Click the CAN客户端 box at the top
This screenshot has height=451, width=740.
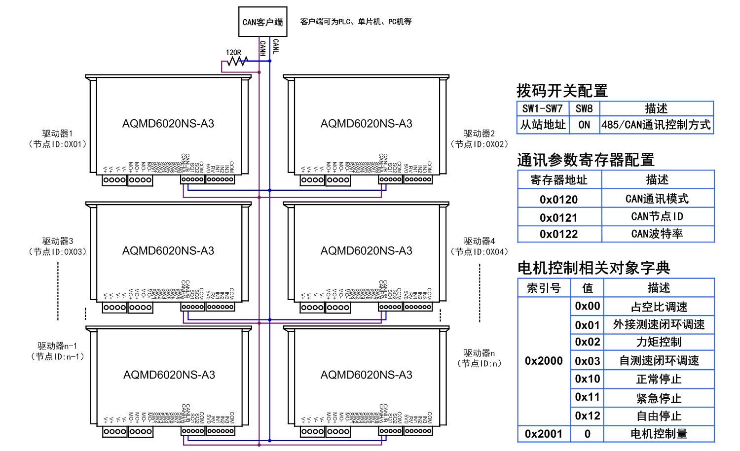click(x=262, y=22)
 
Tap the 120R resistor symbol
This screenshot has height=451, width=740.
click(x=237, y=61)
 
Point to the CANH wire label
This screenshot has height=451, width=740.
click(x=262, y=47)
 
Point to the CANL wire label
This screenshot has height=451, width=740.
click(x=276, y=46)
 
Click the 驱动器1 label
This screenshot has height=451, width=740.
click(x=57, y=134)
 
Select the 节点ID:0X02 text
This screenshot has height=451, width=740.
click(x=479, y=144)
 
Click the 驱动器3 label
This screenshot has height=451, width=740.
click(x=57, y=241)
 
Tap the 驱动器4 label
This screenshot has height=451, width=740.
click(x=479, y=241)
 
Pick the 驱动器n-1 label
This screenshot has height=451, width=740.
click(x=57, y=346)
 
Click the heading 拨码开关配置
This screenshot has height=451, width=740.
click(x=562, y=91)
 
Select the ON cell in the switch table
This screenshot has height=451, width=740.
click(x=584, y=125)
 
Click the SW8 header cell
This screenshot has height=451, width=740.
click(x=584, y=108)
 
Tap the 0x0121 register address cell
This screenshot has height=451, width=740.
click(x=558, y=217)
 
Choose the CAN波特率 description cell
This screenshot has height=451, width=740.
click(x=657, y=234)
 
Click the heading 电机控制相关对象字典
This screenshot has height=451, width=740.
click(x=593, y=268)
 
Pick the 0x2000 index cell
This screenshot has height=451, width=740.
click(x=544, y=361)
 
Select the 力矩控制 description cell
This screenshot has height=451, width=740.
click(x=659, y=342)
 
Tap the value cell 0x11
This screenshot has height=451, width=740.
click(x=587, y=397)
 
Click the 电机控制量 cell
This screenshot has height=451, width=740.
click(x=659, y=434)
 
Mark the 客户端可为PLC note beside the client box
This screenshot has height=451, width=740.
click(x=356, y=22)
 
